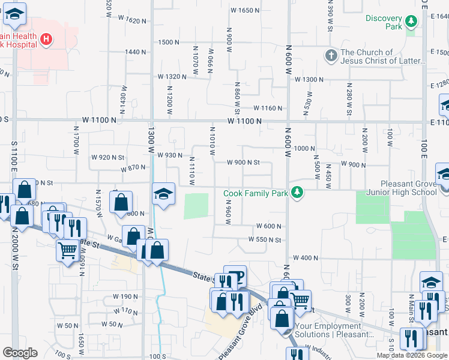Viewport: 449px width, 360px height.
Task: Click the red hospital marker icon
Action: coord(46,41)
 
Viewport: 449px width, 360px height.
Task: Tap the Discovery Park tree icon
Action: coord(411,22)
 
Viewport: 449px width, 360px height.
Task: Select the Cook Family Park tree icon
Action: coord(297,193)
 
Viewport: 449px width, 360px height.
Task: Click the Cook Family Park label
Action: coord(256,193)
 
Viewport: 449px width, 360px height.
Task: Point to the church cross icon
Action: coord(330,56)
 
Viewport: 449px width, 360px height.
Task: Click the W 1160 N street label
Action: coord(268,108)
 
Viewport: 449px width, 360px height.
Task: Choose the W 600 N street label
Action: coord(269,226)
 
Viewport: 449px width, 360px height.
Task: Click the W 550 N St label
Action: coord(265,240)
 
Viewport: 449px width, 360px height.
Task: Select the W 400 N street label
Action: coord(307,258)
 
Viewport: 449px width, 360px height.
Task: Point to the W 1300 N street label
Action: coord(308,79)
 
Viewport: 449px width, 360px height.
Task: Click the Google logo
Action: coord(20,353)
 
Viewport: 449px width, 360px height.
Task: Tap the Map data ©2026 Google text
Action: coord(411,355)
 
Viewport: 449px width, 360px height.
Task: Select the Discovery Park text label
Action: coord(384,22)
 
